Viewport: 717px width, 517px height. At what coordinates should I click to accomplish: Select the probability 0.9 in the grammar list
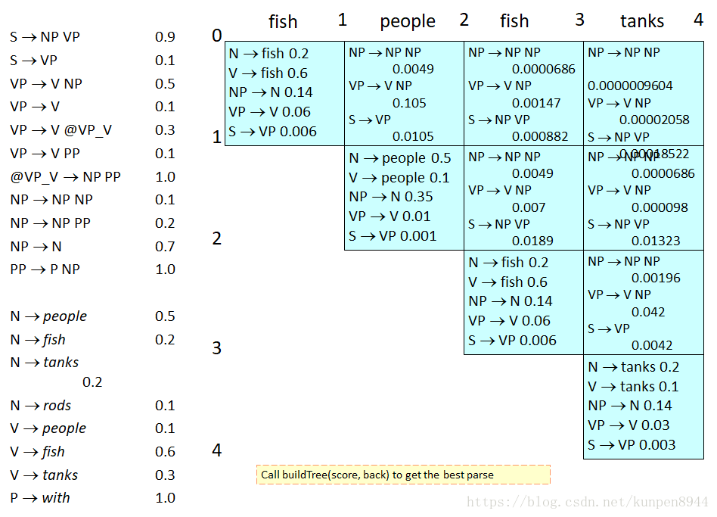[165, 37]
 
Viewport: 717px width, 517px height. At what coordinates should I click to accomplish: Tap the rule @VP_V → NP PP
[65, 177]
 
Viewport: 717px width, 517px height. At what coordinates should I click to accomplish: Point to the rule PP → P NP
[45, 269]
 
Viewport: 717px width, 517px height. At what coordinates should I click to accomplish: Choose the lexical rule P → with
[40, 498]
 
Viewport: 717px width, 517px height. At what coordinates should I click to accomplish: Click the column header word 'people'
[408, 22]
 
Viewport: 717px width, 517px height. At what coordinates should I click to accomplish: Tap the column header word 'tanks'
[642, 22]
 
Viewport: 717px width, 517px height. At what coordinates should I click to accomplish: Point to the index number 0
[217, 36]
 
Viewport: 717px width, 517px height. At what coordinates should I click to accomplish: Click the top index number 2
[464, 20]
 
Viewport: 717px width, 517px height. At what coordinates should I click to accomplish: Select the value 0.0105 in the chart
[413, 136]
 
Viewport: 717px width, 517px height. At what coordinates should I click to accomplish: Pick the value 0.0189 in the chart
[532, 241]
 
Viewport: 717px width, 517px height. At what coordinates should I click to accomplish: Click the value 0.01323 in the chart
[655, 241]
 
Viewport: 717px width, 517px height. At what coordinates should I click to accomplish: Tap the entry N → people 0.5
[400, 158]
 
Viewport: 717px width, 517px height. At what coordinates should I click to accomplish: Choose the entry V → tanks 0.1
[633, 387]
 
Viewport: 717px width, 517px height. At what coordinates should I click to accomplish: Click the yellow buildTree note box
[403, 475]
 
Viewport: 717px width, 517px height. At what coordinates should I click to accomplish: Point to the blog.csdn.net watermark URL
[588, 502]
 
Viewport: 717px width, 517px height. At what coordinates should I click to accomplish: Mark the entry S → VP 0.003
[632, 445]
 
